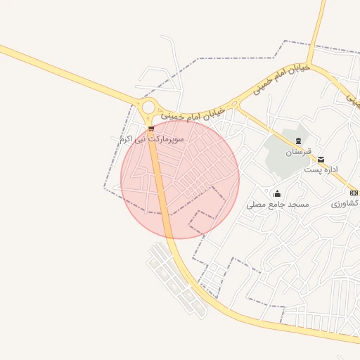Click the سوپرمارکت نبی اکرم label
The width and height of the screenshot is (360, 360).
(152, 140)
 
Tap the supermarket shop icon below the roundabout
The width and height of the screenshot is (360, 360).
(151, 128)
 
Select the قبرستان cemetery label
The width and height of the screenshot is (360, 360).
(298, 152)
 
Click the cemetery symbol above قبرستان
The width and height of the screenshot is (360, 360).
(298, 141)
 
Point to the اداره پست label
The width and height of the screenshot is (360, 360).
(321, 170)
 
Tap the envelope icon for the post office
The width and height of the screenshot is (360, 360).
(321, 160)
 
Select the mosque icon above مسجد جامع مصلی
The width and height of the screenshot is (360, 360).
(278, 194)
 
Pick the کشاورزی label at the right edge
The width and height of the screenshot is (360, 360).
(345, 203)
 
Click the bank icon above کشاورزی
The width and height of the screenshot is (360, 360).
(354, 193)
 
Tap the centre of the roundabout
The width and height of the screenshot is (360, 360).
(148, 108)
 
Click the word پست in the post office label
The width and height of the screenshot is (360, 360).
(312, 170)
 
